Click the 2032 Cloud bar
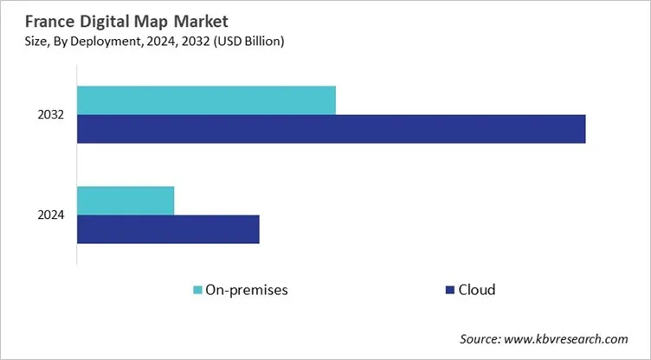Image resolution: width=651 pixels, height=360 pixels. click(331, 129)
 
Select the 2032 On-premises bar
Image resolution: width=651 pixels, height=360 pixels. click(206, 100)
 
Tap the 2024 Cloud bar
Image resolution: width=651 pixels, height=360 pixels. click(168, 229)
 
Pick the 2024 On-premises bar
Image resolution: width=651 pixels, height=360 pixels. click(126, 201)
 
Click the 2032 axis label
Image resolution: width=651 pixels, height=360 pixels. click(50, 115)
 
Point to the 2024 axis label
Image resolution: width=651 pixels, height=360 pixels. click(50, 215)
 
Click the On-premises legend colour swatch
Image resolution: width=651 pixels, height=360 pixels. click(197, 290)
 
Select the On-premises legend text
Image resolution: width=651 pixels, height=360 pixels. click(247, 290)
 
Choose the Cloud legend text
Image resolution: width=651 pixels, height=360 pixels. click(477, 290)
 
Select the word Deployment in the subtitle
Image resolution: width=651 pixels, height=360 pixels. click(106, 40)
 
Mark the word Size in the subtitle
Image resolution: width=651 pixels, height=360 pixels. click(26, 40)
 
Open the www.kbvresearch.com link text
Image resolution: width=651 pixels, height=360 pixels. click(571, 338)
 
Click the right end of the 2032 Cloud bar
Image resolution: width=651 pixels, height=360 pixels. click(583, 129)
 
